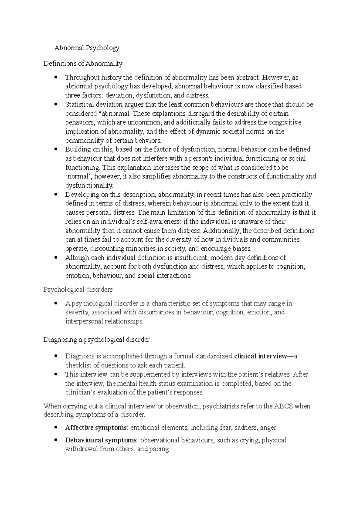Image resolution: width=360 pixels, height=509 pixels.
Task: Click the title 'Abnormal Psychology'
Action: click(87, 48)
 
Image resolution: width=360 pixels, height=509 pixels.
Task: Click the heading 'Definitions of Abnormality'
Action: click(83, 63)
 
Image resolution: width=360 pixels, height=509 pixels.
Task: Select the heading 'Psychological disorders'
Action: click(78, 290)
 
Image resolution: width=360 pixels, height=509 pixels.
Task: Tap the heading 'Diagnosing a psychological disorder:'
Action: click(97, 340)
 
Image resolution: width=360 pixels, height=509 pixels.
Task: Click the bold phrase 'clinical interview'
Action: click(260, 356)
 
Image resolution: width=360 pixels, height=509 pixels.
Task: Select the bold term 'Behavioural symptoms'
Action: click(101, 440)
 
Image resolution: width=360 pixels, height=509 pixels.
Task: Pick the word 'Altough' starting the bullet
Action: click(77, 257)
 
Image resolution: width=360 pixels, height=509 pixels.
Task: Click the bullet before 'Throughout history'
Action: click(55, 78)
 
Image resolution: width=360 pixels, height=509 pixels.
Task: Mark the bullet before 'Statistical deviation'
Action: click(55, 105)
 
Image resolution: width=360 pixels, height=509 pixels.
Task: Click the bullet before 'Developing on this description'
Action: click(55, 195)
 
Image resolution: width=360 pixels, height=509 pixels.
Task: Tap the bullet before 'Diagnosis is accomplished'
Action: click(55, 356)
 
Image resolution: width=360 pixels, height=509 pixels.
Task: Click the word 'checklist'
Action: click(77, 365)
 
